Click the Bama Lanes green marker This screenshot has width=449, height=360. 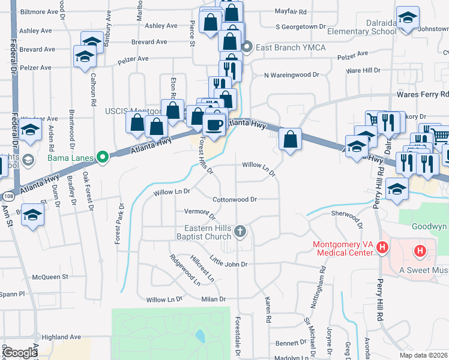click(103, 158)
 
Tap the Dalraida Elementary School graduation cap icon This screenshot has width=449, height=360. click(408, 19)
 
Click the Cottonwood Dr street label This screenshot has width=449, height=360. click(235, 199)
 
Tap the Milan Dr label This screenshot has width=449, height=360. click(213, 299)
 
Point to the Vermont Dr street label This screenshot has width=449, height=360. click(199, 212)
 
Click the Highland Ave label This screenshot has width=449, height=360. click(61, 337)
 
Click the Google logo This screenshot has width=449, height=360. click(20, 353)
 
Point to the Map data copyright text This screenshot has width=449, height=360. click(423, 355)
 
